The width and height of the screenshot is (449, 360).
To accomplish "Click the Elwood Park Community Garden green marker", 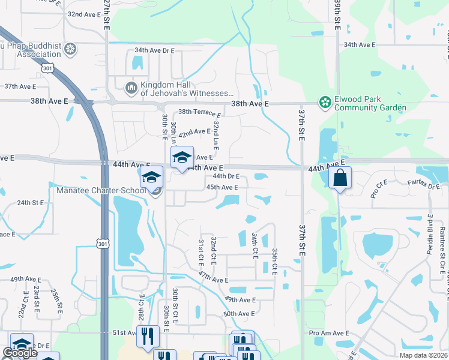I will (x=325, y=103).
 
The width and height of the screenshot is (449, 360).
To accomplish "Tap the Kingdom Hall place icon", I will (x=131, y=89).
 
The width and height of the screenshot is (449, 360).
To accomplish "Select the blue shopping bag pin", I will (x=340, y=178).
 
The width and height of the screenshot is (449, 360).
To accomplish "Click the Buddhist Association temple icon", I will (x=70, y=49).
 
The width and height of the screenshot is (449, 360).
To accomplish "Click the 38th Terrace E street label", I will (x=199, y=112).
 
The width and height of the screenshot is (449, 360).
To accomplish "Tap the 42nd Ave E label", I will (x=194, y=131).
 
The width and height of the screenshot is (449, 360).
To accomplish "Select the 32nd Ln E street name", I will (x=216, y=135).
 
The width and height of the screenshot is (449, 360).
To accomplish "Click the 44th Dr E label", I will (x=226, y=176).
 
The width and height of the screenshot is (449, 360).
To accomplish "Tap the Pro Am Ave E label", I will (x=329, y=333).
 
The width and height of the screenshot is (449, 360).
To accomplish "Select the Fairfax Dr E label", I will (x=424, y=182).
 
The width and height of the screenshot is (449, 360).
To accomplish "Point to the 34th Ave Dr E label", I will (x=155, y=51).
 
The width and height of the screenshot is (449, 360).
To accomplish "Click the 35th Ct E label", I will (x=274, y=262).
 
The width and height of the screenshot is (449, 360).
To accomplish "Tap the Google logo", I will (x=20, y=353).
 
